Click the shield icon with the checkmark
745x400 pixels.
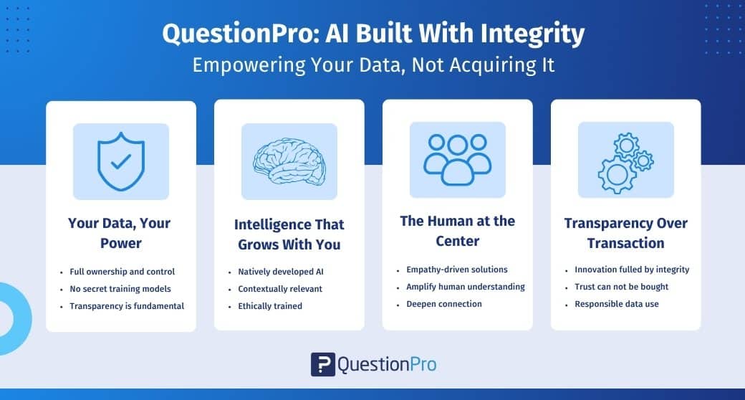point(120,161)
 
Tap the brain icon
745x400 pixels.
point(289,161)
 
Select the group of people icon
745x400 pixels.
point(458,160)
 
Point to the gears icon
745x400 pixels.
point(626,162)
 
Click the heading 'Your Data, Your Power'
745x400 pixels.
point(119,233)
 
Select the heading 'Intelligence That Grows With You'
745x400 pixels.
point(289,234)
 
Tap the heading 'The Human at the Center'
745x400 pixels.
point(458,231)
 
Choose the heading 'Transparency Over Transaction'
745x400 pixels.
point(626,233)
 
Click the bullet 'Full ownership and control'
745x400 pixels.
point(122,272)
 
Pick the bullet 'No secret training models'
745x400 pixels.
point(120,289)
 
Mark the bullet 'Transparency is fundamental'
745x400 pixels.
point(127,306)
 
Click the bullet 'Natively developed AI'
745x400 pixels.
point(281,272)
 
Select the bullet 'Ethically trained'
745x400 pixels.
point(270,306)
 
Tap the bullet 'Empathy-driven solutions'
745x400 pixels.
point(456,270)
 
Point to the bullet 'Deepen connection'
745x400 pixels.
point(443,304)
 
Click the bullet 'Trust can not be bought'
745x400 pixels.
point(622,287)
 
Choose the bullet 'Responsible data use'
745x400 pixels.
point(617,304)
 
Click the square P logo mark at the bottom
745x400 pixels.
point(323,365)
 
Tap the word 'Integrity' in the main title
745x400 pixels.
point(532,34)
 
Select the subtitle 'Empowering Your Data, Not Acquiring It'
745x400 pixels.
point(373,65)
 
